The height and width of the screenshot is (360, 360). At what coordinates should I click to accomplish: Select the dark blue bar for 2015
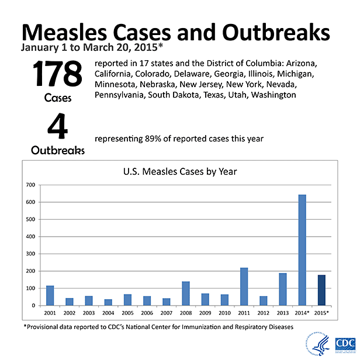(x=321, y=290)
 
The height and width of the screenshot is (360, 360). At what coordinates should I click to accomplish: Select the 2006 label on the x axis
(x=147, y=313)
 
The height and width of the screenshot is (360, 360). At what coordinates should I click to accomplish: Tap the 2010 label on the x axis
(x=224, y=313)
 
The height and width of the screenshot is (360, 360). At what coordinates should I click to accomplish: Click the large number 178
(x=57, y=75)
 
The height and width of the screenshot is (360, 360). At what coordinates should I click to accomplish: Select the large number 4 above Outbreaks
(x=57, y=127)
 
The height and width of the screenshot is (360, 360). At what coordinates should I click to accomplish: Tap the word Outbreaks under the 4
(x=57, y=150)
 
